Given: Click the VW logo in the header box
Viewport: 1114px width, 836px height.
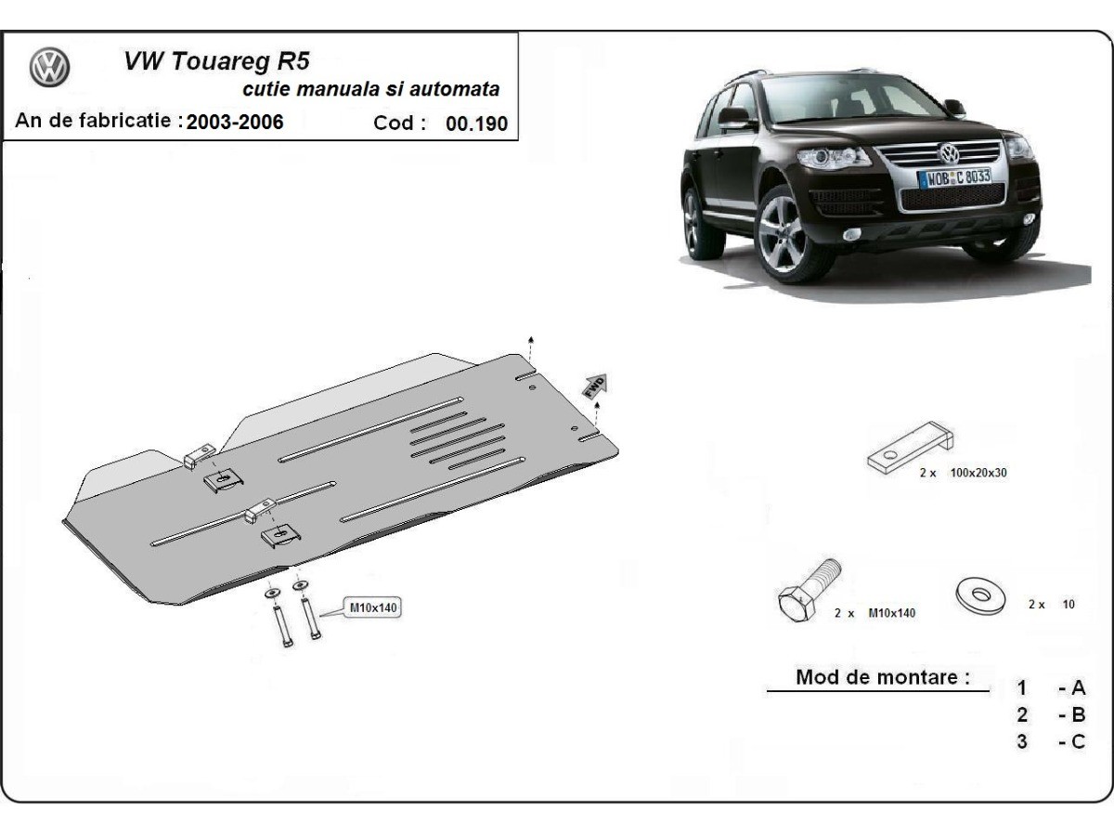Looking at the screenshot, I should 50,69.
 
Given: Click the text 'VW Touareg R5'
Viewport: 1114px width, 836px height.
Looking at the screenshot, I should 217,61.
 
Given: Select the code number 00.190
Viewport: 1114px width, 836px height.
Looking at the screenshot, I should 477,124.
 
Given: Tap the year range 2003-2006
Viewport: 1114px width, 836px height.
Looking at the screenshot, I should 235,122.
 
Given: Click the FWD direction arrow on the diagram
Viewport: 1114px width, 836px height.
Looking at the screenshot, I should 594,385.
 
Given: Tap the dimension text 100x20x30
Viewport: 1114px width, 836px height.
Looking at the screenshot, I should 978,473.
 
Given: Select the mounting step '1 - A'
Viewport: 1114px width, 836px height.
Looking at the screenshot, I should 1050,688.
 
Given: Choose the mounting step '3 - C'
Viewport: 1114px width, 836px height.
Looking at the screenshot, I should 1050,742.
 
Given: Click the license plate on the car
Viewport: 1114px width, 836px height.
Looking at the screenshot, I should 953,176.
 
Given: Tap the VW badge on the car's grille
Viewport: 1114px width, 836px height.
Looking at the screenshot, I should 949,153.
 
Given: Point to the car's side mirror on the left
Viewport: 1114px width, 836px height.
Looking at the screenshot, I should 734,117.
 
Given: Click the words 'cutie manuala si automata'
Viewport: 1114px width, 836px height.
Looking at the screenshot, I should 370,90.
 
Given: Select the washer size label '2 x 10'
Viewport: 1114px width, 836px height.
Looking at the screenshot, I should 1051,604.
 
